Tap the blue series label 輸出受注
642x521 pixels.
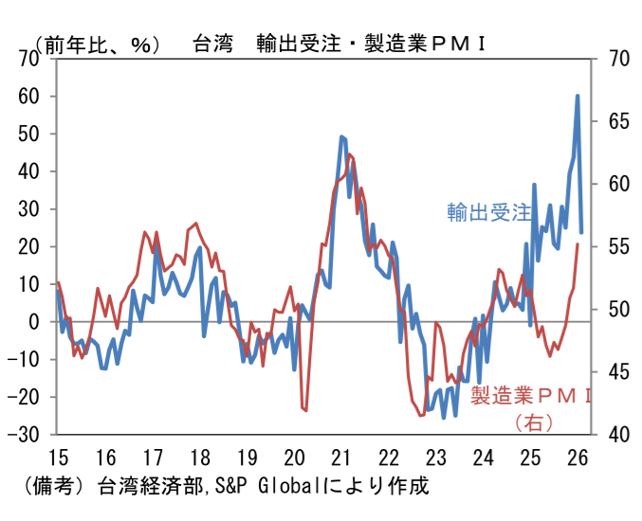click(489, 212)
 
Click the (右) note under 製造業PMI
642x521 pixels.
click(533, 420)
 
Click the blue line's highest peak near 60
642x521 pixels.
click(578, 96)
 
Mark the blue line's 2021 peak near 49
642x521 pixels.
click(341, 136)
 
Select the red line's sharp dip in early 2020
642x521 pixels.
click(305, 410)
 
